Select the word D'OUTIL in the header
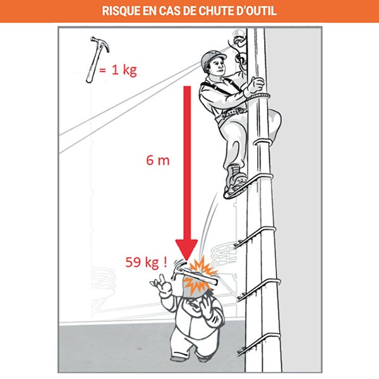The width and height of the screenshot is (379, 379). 255,11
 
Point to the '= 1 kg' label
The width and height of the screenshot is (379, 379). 121,70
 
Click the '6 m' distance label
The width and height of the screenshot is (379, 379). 158,160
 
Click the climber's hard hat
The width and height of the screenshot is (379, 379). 213,58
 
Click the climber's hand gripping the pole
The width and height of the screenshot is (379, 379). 256,86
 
